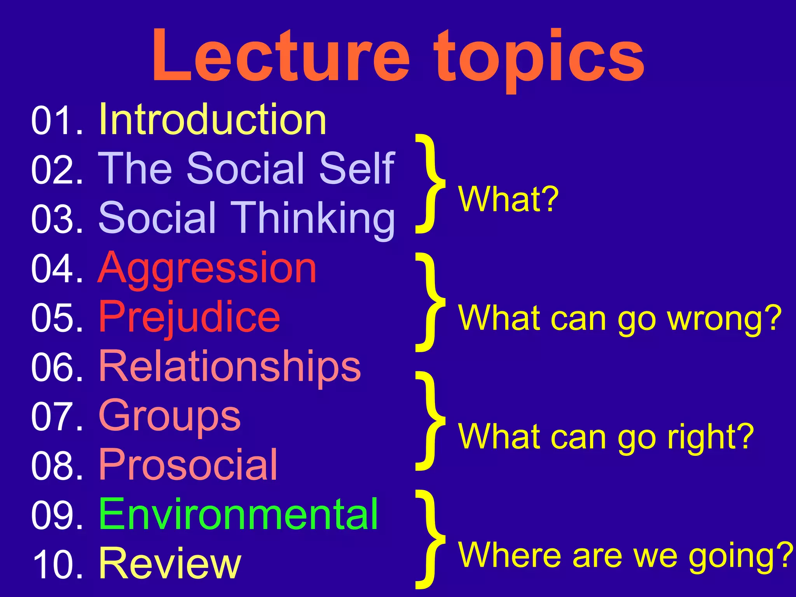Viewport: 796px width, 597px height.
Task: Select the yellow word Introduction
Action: coord(213,120)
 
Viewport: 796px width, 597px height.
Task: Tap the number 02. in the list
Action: coord(57,169)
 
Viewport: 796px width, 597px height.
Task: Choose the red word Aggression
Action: coord(207,268)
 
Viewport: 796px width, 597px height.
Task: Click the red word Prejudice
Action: coord(189,318)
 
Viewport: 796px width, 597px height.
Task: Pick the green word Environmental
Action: coord(238,515)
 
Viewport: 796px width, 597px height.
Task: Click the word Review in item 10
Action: coord(170,564)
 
